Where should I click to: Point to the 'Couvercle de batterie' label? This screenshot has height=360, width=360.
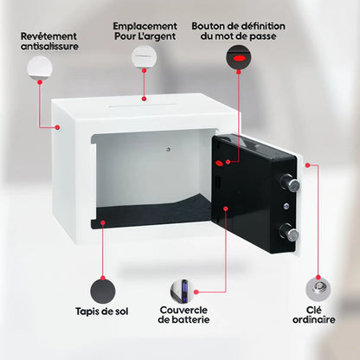tap(183, 315)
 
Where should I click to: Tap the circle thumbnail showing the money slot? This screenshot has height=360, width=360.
tap(145, 58)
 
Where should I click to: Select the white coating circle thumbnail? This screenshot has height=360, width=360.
tap(39, 67)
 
